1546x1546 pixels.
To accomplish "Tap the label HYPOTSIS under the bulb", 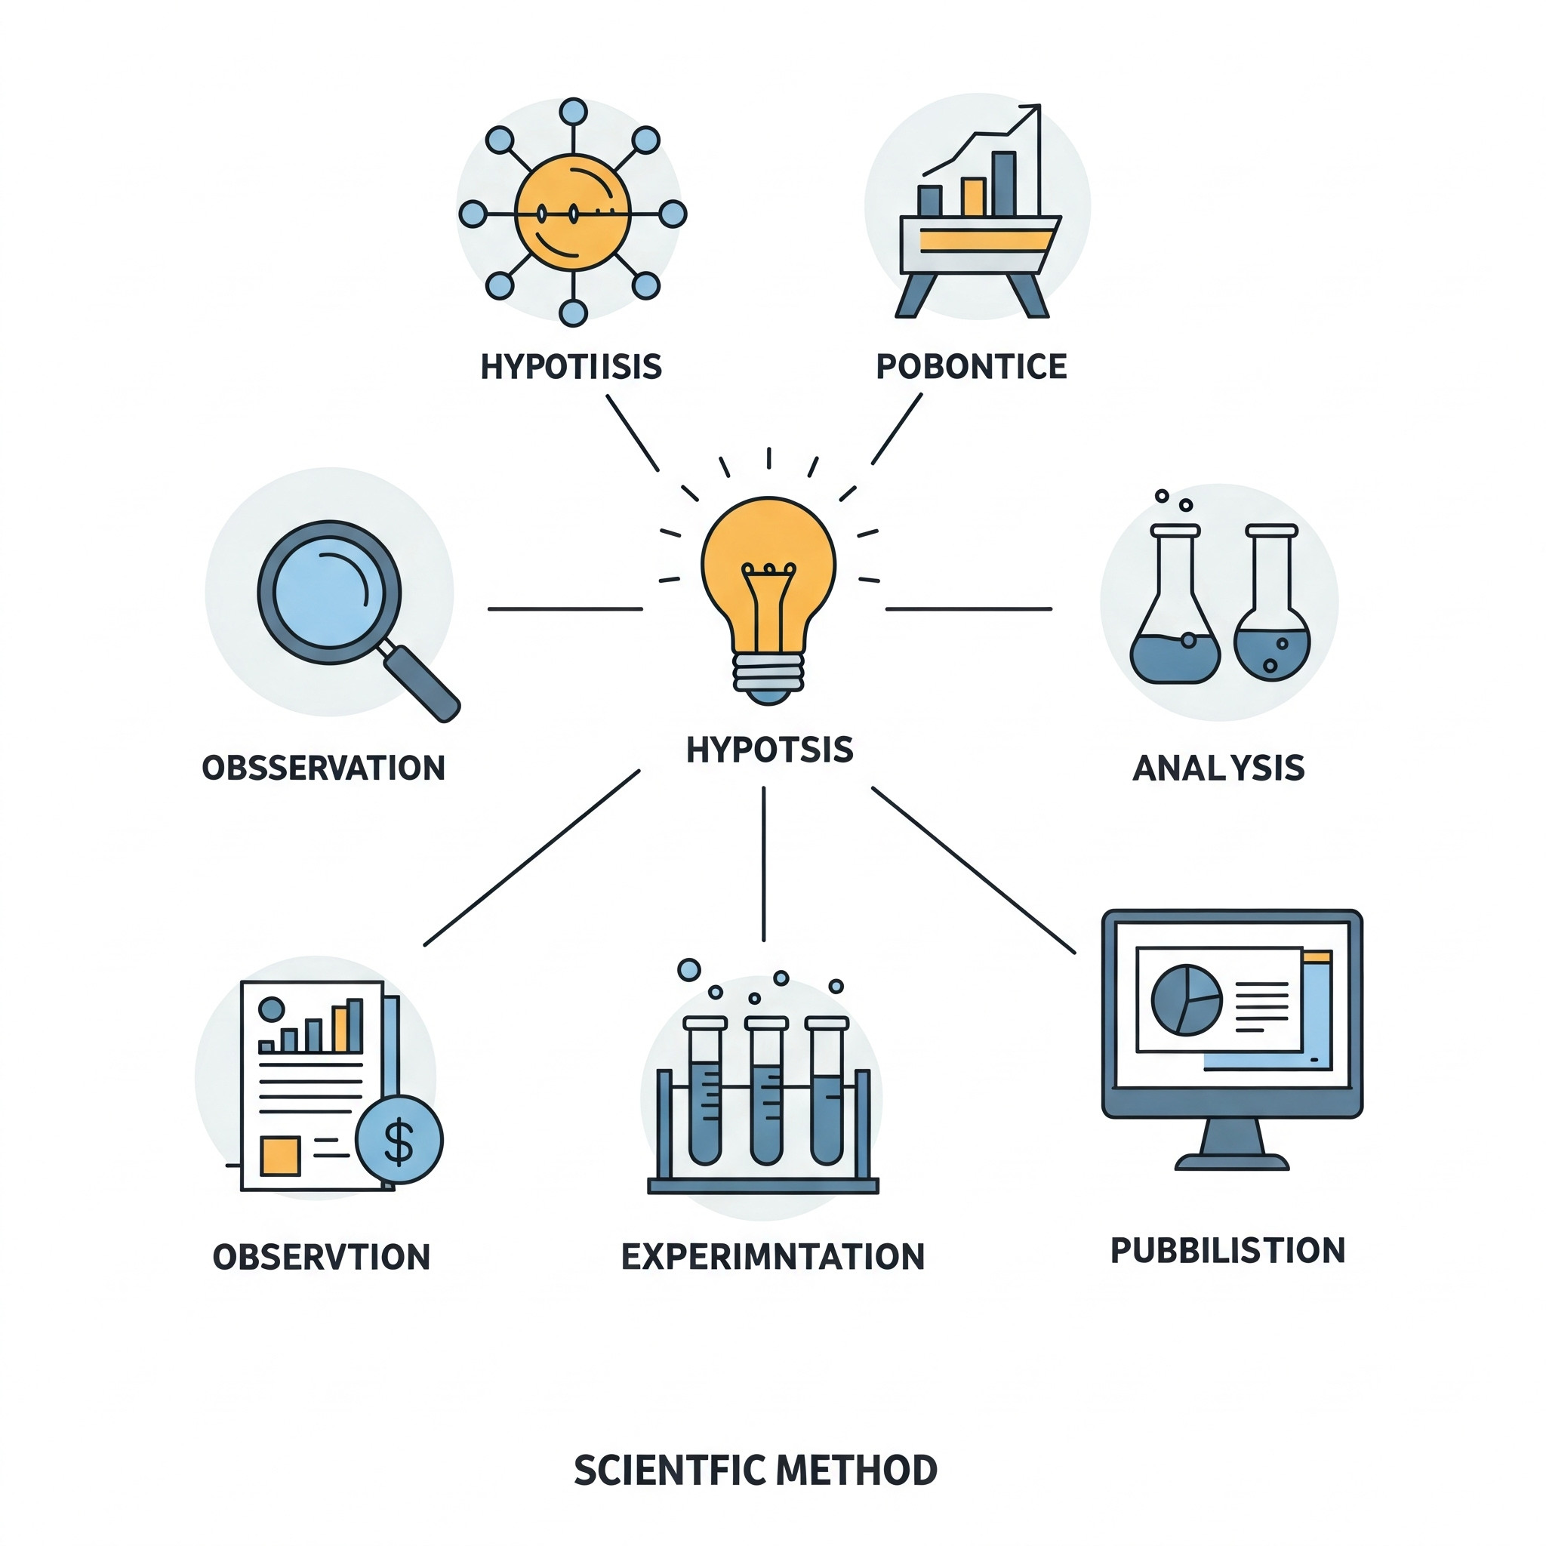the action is click(x=770, y=750).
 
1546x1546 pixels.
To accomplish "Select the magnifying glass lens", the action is click(x=329, y=591).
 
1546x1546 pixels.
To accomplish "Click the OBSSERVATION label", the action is click(x=323, y=768).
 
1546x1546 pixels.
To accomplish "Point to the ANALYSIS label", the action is click(x=1218, y=768).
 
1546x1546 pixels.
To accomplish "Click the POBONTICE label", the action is click(x=972, y=366).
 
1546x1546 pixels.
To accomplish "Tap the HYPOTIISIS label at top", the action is click(x=571, y=366).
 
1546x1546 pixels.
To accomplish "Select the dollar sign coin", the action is click(x=399, y=1139).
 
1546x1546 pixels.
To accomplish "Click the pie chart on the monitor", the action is click(x=1186, y=1000).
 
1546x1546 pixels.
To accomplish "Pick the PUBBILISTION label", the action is click(x=1227, y=1251).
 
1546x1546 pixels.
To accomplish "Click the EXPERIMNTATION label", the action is click(x=772, y=1256).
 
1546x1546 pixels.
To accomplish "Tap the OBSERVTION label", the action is click(x=322, y=1257).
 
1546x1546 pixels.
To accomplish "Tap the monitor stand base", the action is click(x=1231, y=1162).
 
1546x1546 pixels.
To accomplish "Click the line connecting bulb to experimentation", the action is click(x=763, y=864).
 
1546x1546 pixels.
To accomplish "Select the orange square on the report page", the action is click(x=280, y=1156).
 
